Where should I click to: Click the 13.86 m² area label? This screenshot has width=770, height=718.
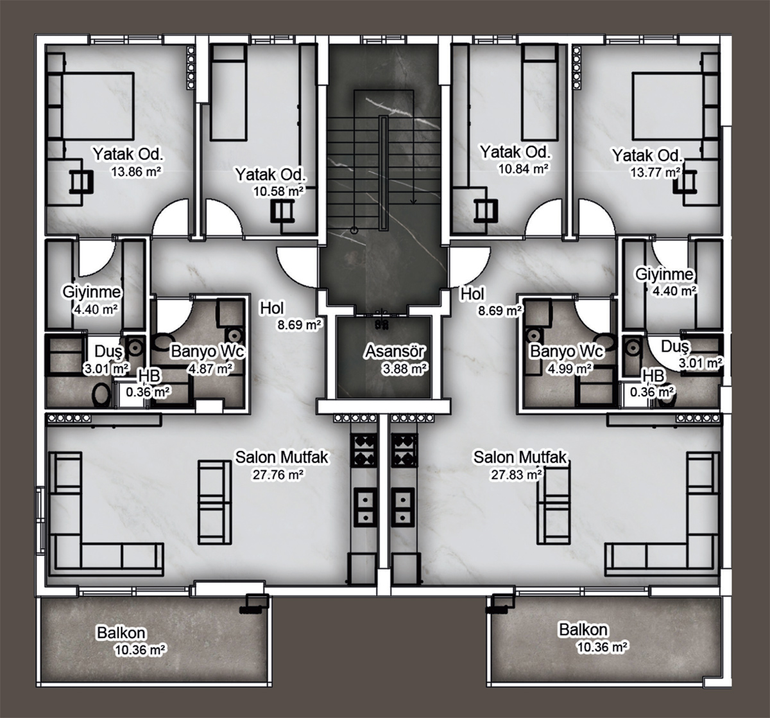click(x=136, y=171)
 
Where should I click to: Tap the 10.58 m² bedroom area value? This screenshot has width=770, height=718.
click(x=278, y=191)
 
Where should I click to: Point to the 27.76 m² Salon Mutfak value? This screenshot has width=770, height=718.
click(x=278, y=474)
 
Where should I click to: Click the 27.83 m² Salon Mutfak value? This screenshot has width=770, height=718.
click(x=517, y=475)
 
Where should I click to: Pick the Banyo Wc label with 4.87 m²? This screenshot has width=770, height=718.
click(x=208, y=351)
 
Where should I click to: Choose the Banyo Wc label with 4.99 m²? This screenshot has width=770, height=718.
click(x=567, y=351)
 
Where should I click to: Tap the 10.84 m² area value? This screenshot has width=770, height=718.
click(x=523, y=169)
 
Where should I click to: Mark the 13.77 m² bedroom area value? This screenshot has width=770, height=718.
click(x=655, y=172)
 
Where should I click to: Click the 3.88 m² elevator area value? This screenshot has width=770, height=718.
click(x=405, y=369)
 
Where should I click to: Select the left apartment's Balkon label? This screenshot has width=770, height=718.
click(x=121, y=633)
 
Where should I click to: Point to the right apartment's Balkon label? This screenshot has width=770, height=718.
click(x=583, y=629)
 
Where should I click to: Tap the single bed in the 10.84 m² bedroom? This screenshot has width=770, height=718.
click(x=539, y=92)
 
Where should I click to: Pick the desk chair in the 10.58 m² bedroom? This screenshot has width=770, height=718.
click(x=282, y=211)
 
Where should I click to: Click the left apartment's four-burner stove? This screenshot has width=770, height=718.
click(x=363, y=450)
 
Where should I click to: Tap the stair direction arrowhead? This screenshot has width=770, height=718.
click(x=413, y=201)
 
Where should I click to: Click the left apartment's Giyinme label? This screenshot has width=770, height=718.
click(x=92, y=292)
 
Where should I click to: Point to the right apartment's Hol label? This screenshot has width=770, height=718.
click(x=472, y=294)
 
